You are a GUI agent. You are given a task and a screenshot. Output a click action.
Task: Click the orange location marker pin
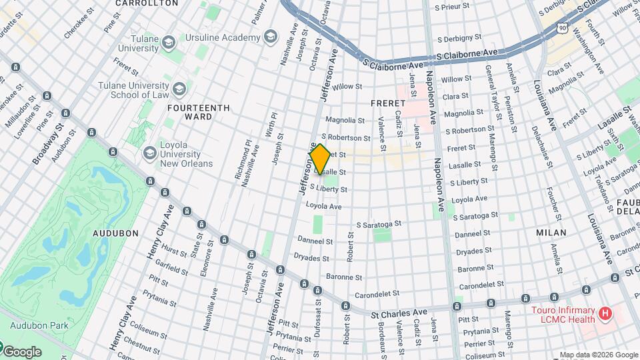point(320,159)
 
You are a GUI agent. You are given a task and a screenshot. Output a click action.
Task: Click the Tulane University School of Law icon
point(179,89)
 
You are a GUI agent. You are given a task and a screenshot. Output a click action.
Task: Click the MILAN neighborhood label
point(551,233)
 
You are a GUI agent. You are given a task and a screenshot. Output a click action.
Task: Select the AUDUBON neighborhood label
point(116,233)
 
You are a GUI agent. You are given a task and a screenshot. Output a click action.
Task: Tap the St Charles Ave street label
point(399,312)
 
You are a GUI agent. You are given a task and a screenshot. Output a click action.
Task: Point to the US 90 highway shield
point(563,27)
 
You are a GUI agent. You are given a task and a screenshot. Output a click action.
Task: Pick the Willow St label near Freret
point(347,87)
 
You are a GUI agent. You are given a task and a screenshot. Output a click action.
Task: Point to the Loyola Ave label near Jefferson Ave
point(323,207)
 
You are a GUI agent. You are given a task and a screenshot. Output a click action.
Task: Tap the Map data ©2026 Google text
point(598,355)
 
